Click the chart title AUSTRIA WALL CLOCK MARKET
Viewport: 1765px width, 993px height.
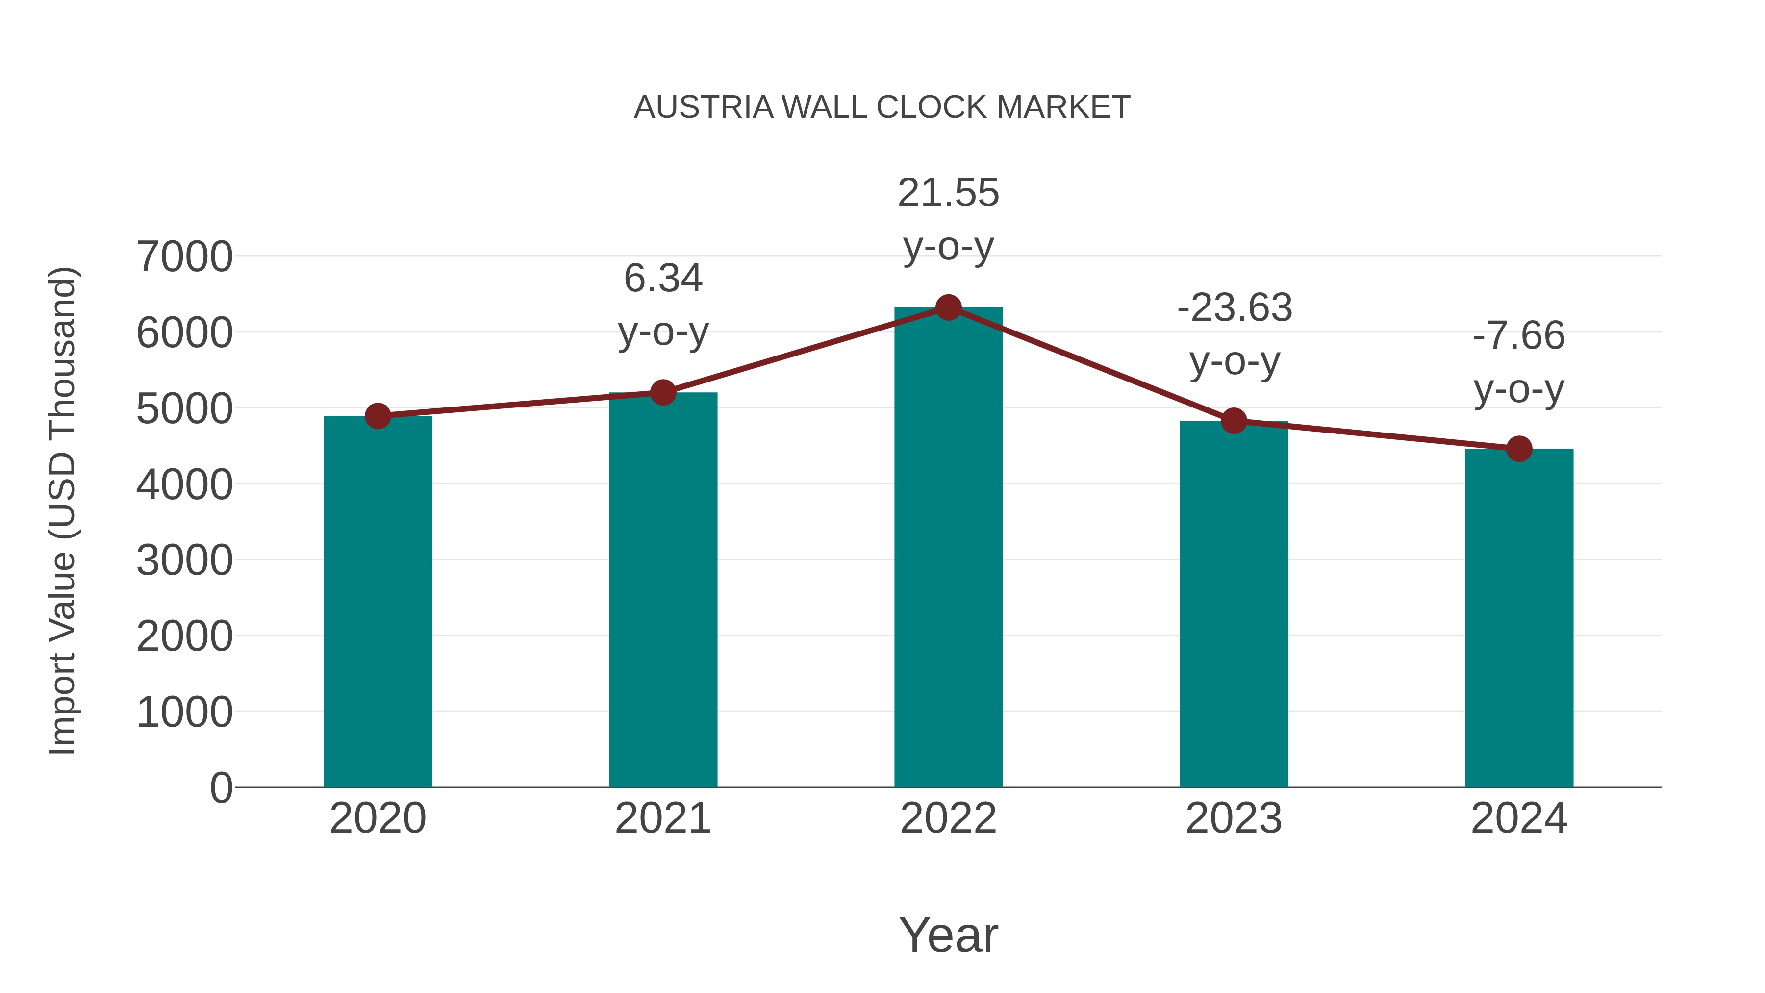pos(882,107)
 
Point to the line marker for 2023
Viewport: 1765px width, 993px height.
pos(1234,421)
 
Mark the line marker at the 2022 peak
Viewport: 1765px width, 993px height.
pos(948,307)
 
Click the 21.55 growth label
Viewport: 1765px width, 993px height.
pos(948,193)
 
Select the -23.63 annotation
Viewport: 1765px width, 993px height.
pos(1235,307)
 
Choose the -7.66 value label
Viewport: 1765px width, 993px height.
pos(1519,336)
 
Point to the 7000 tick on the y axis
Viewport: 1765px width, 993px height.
pos(184,257)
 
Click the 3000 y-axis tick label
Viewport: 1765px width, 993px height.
pos(184,560)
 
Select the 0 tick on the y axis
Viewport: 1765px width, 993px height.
pos(221,788)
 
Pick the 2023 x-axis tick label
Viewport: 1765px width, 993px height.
pos(1234,818)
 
